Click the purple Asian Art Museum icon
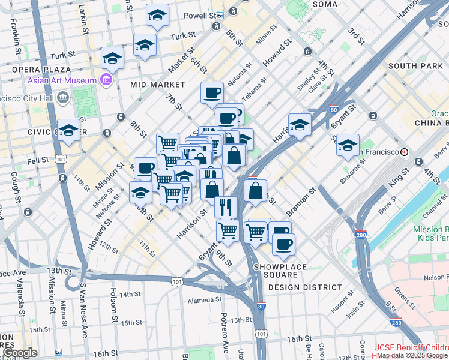pyautogui.click(x=107, y=80)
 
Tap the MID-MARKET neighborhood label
pyautogui.click(x=158, y=85)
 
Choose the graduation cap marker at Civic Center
pyautogui.click(x=70, y=131)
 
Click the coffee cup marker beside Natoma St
pyautogui.click(x=212, y=93)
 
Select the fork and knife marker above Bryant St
pyautogui.click(x=226, y=207)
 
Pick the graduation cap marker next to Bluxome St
pyautogui.click(x=348, y=146)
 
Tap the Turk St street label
pyautogui.click(x=179, y=37)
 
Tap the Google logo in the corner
pyautogui.click(x=21, y=353)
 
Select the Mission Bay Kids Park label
pyautogui.click(x=427, y=234)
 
